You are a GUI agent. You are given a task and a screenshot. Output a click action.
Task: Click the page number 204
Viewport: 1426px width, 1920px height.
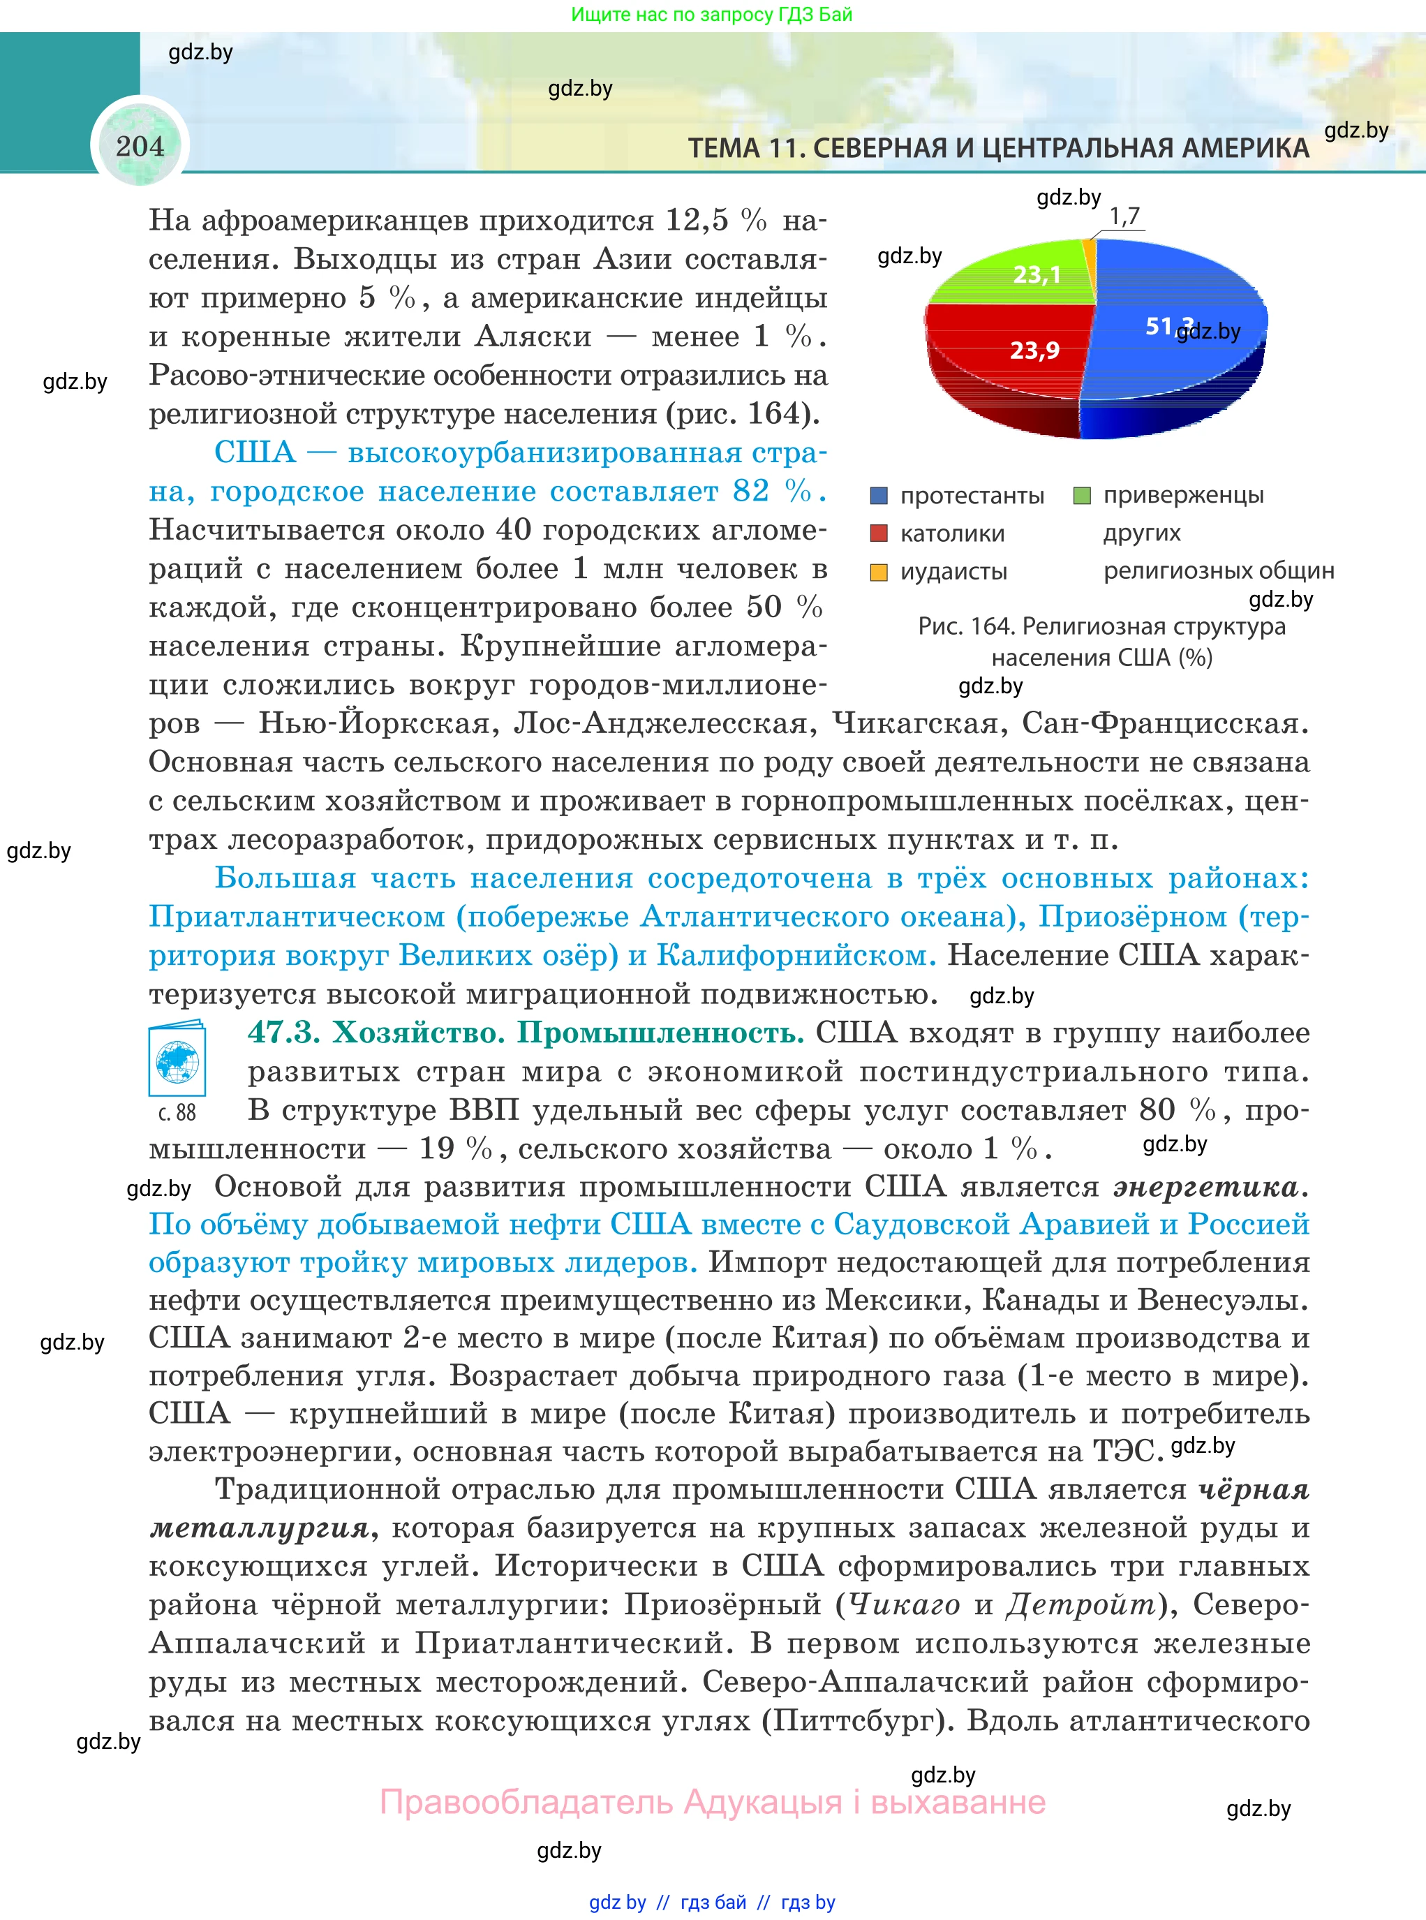click(x=139, y=146)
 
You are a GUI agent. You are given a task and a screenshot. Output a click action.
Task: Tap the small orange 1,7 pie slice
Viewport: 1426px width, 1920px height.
click(x=1090, y=251)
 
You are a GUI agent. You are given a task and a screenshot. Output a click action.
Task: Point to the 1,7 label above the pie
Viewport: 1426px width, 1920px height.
click(x=1124, y=216)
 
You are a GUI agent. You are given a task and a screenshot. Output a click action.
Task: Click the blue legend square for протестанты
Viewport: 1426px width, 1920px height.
click(x=879, y=496)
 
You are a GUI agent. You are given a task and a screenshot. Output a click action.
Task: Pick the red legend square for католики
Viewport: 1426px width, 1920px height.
click(x=879, y=533)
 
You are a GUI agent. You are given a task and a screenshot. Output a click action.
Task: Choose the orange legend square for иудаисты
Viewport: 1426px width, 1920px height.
click(x=879, y=572)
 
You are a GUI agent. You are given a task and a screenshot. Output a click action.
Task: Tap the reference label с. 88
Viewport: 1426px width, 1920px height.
click(x=177, y=1113)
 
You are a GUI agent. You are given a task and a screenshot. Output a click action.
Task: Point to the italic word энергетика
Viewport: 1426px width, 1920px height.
click(x=1206, y=1187)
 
